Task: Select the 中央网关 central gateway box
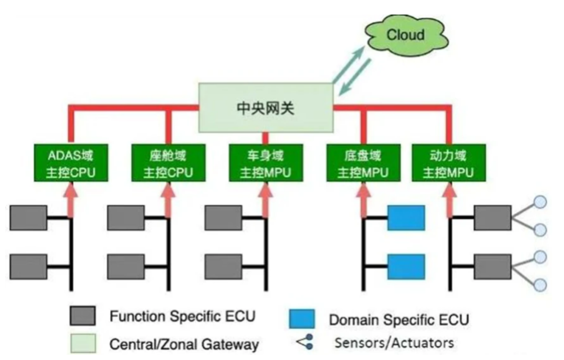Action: point(265,109)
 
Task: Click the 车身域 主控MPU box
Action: point(265,163)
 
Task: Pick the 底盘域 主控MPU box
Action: point(362,163)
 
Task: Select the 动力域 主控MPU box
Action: point(449,163)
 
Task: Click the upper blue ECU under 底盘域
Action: point(406,218)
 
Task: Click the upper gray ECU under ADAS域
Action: point(29,218)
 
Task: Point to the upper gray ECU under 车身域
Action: point(223,218)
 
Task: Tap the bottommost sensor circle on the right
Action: point(540,285)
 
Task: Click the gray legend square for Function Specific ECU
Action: point(82,317)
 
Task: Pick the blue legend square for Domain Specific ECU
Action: point(301,319)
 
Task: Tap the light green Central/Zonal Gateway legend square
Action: point(82,343)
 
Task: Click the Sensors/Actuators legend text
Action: point(394,343)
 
